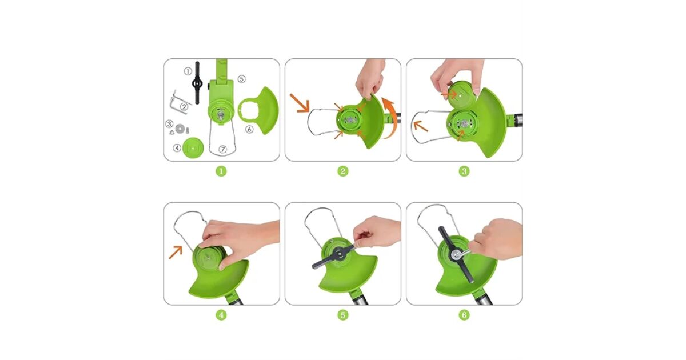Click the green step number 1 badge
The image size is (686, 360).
221,171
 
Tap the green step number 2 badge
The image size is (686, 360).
342,171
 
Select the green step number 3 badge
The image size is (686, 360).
464,171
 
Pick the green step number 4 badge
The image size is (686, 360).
221,315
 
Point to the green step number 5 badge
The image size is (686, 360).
342,315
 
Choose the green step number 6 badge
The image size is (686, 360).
464,315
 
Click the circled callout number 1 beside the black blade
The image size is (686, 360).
188,71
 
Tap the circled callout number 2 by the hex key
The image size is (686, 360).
184,107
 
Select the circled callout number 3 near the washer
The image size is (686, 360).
169,124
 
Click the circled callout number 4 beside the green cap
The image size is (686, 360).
177,148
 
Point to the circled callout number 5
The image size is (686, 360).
242,79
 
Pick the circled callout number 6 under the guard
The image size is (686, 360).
249,130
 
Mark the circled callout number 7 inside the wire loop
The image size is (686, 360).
222,149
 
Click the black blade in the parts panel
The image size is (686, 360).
197,83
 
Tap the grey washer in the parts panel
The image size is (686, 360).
180,128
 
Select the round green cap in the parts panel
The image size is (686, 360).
193,148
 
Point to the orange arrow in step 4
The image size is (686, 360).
176,252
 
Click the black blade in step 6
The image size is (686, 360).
456,254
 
